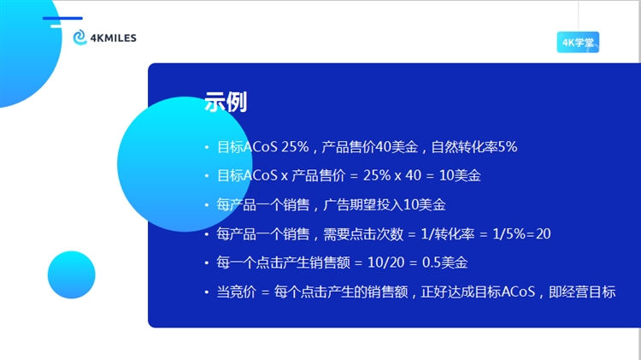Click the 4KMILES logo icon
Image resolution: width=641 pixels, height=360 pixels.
click(x=79, y=38)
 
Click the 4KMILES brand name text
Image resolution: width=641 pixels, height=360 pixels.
click(x=113, y=38)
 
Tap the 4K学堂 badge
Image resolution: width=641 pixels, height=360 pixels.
click(x=578, y=42)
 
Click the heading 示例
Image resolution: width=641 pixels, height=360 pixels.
click(x=226, y=103)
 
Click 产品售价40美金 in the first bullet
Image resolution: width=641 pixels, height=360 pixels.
click(x=370, y=147)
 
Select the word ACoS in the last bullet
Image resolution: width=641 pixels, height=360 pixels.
click(x=517, y=292)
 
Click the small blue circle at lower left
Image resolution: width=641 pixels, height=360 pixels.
click(x=72, y=274)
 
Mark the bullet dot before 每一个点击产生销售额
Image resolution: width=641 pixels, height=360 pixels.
click(x=206, y=263)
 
